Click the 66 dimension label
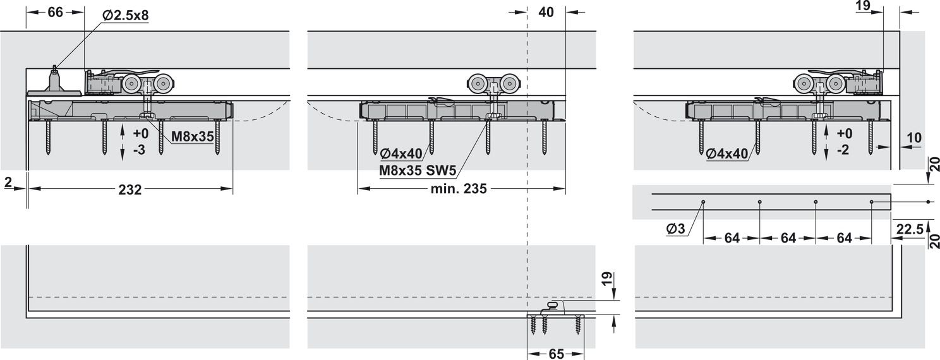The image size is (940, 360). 55,12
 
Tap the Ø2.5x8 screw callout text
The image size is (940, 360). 125,16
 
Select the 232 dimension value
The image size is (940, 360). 130,189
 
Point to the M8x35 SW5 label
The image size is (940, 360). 418,171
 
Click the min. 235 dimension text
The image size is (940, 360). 459,189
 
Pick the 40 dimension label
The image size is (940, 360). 546,12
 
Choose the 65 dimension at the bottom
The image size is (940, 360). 556,354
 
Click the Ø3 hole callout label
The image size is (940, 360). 675,229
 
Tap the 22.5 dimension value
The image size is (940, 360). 910,229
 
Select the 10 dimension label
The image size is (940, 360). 914,137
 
